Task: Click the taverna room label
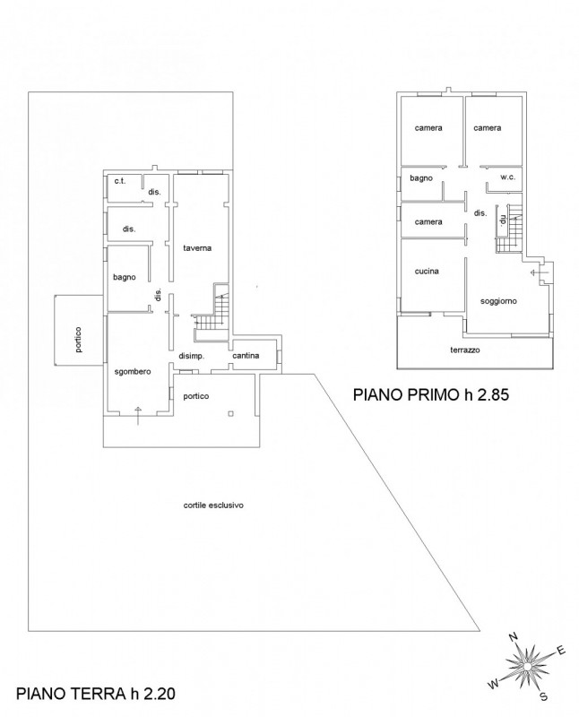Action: pyautogui.click(x=197, y=248)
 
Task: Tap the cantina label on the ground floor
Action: pyautogui.click(x=246, y=356)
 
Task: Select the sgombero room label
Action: pyautogui.click(x=132, y=372)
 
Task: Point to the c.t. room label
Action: pyautogui.click(x=120, y=182)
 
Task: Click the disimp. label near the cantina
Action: pyautogui.click(x=191, y=356)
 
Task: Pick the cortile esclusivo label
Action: pyautogui.click(x=213, y=505)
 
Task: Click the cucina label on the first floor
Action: pyautogui.click(x=427, y=272)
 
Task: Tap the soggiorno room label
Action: pyautogui.click(x=498, y=301)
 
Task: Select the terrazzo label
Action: pyautogui.click(x=465, y=350)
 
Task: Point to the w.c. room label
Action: pyautogui.click(x=507, y=177)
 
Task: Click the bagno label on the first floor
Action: pyautogui.click(x=421, y=178)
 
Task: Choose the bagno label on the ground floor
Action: pyautogui.click(x=125, y=277)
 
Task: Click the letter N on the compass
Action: pyautogui.click(x=514, y=636)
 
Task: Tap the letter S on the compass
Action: pyautogui.click(x=543, y=696)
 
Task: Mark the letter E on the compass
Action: pyautogui.click(x=561, y=651)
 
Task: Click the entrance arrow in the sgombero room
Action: pyautogui.click(x=139, y=415)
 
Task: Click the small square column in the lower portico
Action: pyautogui.click(x=231, y=414)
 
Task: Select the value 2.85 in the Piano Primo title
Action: pyautogui.click(x=493, y=394)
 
